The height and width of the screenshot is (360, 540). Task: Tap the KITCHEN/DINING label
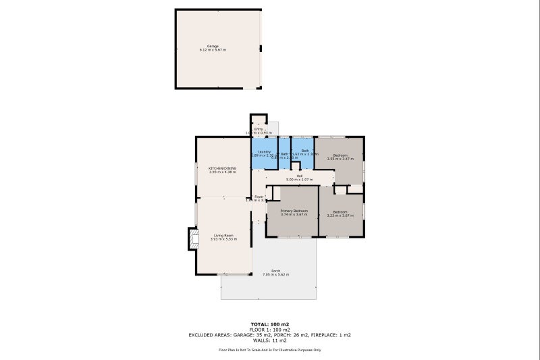tap(222, 168)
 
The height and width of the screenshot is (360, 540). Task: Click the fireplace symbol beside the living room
tap(193, 238)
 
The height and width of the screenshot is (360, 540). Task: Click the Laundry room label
tap(264, 151)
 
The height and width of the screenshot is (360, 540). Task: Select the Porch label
tap(275, 271)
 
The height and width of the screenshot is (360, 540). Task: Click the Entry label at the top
tap(259, 128)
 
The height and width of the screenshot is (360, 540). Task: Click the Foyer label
tap(259, 197)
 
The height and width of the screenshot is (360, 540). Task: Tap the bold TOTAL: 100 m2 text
tap(269, 324)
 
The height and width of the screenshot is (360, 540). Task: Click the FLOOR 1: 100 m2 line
tap(269, 330)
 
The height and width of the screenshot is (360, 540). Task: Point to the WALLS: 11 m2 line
tap(269, 340)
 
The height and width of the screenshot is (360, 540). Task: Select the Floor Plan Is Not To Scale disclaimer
tap(269, 350)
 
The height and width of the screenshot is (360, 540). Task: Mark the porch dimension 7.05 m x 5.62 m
tap(275, 275)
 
